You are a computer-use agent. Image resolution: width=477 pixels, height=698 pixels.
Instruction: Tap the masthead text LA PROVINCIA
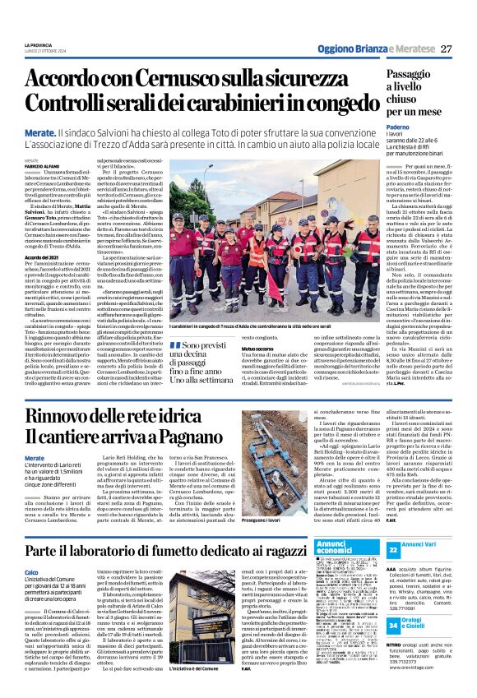click(40, 44)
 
